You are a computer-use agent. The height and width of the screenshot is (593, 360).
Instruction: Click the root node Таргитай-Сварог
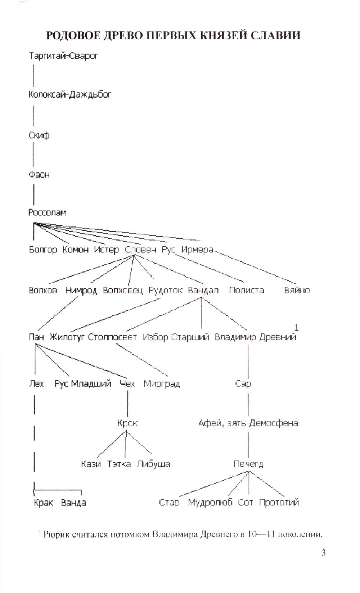click(x=63, y=56)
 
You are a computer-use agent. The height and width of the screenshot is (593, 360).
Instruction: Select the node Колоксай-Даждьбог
click(x=70, y=95)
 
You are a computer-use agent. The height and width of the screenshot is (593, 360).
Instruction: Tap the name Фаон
click(x=39, y=175)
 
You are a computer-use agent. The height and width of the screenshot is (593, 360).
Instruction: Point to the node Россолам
click(x=47, y=212)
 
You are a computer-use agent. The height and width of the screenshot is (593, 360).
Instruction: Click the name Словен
click(x=140, y=250)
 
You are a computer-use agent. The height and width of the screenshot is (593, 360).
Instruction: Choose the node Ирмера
click(x=197, y=250)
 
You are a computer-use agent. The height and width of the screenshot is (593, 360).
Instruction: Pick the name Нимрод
click(x=81, y=290)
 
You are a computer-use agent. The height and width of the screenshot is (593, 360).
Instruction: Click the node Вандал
click(x=203, y=290)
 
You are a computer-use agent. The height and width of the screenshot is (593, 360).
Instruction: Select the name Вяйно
click(x=297, y=290)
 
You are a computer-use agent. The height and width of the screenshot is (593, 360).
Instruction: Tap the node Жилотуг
click(x=67, y=337)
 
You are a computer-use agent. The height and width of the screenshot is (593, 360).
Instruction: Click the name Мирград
click(x=162, y=384)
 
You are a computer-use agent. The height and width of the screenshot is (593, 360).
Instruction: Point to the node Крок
click(x=127, y=423)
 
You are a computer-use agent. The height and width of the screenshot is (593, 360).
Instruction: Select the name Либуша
click(x=153, y=464)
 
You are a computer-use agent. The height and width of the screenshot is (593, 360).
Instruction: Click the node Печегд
click(x=248, y=464)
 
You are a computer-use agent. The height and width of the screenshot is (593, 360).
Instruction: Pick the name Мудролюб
click(x=210, y=502)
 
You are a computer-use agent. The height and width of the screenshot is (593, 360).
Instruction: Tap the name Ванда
click(x=73, y=502)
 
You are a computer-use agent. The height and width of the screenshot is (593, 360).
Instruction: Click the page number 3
click(x=323, y=553)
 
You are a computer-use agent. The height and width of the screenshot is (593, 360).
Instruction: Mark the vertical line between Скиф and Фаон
click(x=33, y=155)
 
